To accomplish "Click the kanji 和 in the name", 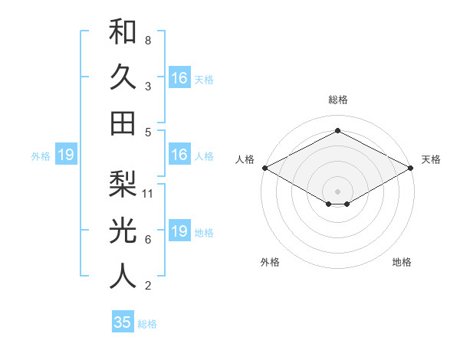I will click(123, 31).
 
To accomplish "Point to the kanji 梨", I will click(123, 183).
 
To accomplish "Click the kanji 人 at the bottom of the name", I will click(123, 276).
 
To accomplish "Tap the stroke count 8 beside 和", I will click(147, 40).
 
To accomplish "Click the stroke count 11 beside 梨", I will click(149, 193).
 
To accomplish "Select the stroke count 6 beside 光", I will click(147, 240).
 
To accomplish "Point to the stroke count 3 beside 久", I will click(147, 87).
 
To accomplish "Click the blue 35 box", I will click(123, 322).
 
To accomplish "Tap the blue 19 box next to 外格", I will click(65, 155).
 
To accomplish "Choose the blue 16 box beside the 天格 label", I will click(179, 78).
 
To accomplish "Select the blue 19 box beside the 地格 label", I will click(179, 232).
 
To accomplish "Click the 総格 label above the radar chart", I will click(337, 100).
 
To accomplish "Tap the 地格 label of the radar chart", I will click(402, 263).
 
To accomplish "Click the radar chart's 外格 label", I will click(270, 263).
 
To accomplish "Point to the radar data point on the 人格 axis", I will click(264, 167).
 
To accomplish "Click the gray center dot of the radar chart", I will click(337, 191).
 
